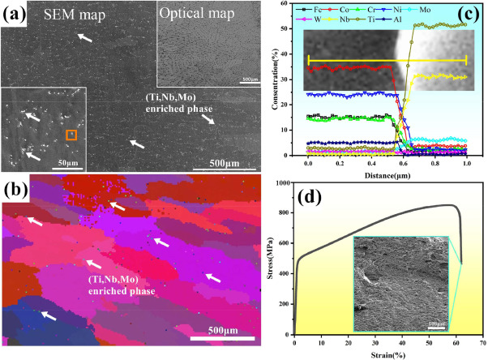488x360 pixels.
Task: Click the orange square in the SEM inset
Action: tap(71, 134)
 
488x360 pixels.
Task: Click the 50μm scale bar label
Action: tap(56, 162)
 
